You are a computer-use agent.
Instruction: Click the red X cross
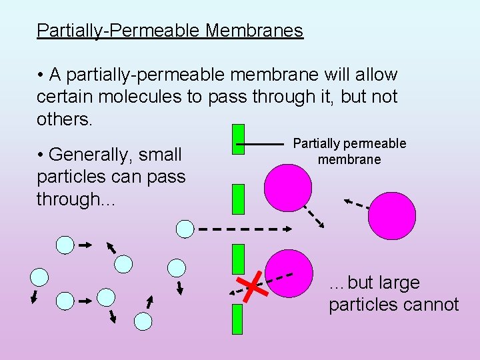(252, 287)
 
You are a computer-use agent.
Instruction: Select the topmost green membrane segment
(238, 139)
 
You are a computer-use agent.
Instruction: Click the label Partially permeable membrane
(349, 151)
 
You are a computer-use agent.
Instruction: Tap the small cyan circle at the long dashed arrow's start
(185, 229)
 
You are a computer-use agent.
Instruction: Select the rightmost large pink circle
(391, 215)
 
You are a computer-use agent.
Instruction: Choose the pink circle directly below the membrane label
(288, 187)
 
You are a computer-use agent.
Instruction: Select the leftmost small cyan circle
(40, 277)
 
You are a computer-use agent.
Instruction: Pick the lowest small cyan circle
(143, 322)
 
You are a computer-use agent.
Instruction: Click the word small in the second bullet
(158, 155)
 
